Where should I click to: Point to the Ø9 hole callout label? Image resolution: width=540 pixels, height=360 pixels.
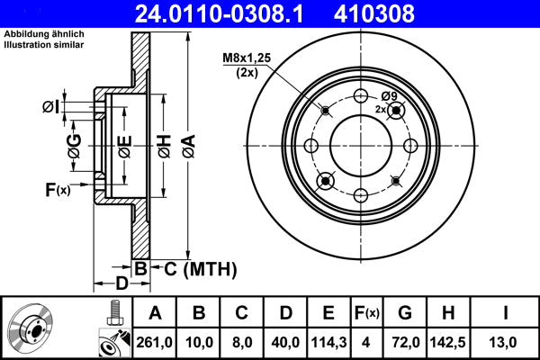pos(389,96)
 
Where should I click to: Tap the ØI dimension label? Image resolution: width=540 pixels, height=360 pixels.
pos(53,108)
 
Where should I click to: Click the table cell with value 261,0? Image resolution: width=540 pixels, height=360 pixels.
pos(154,342)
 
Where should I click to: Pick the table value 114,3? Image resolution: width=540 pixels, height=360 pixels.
pos(328,342)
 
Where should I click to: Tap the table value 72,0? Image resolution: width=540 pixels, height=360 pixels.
pos(405,342)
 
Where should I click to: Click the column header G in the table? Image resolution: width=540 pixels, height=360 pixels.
pos(405,313)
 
